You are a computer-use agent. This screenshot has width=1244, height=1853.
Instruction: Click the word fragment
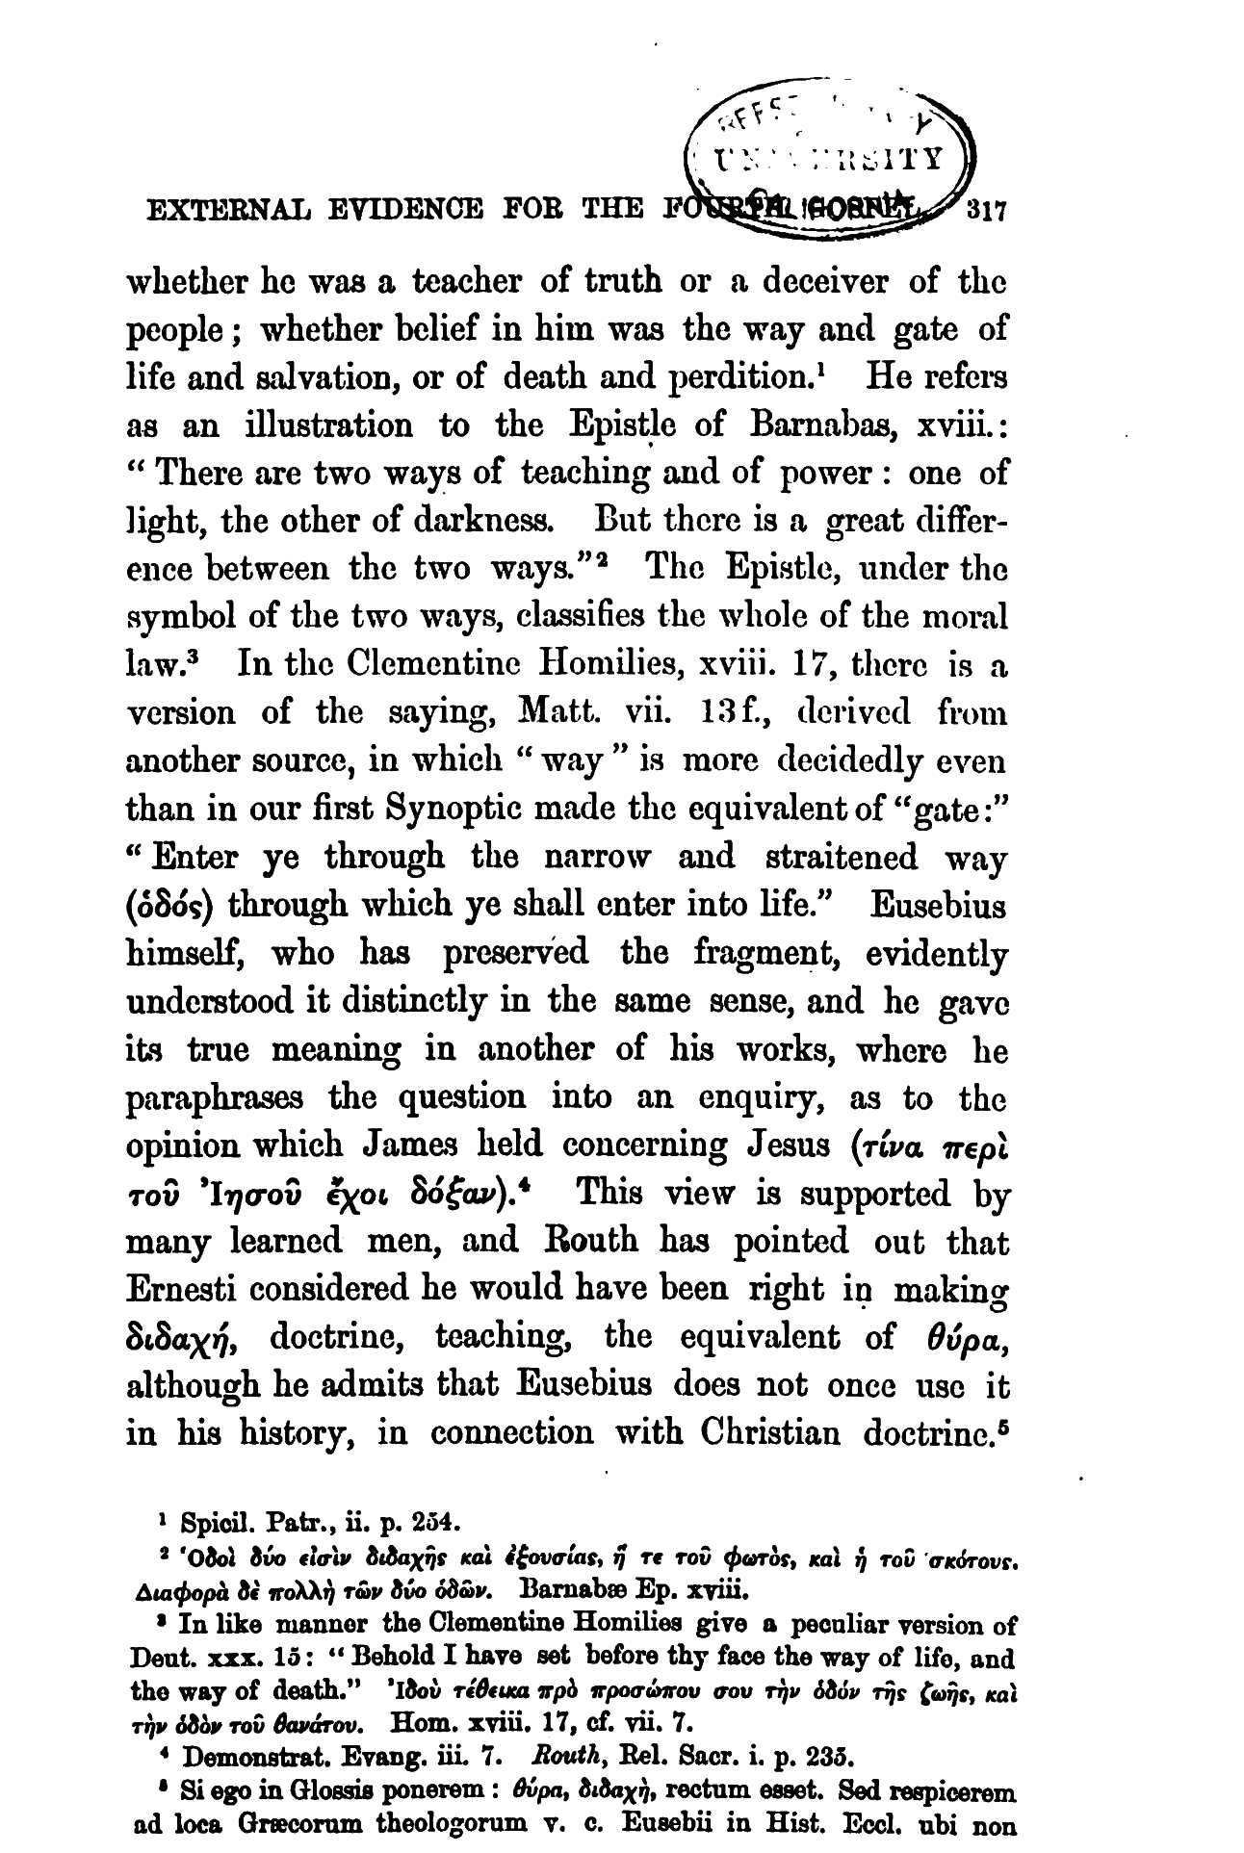(759, 955)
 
